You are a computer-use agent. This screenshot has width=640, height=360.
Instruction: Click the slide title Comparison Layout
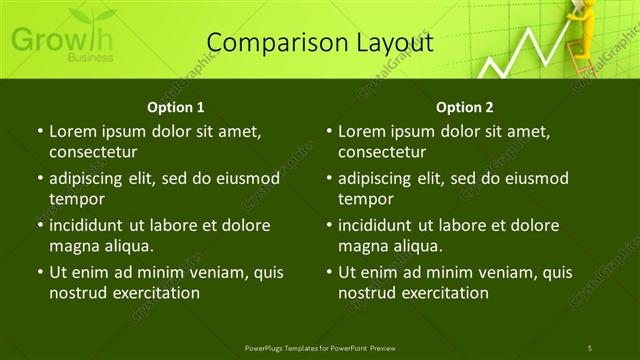pyautogui.click(x=320, y=43)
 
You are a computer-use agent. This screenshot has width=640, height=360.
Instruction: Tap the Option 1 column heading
pyautogui.click(x=176, y=107)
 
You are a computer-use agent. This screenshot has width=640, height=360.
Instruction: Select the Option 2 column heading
pyautogui.click(x=465, y=107)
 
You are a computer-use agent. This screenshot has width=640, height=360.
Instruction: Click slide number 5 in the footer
pyautogui.click(x=590, y=347)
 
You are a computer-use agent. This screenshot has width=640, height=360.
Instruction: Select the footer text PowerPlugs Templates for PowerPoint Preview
pyautogui.click(x=320, y=347)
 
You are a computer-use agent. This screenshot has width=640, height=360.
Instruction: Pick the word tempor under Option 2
pyautogui.click(x=366, y=198)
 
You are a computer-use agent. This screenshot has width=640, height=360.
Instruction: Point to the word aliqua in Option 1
pyautogui.click(x=125, y=245)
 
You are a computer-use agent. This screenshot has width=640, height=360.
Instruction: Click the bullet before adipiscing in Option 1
pyautogui.click(x=39, y=179)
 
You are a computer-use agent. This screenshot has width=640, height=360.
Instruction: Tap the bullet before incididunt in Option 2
pyautogui.click(x=328, y=225)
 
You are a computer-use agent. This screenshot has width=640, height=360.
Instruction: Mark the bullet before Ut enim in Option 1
pyautogui.click(x=39, y=272)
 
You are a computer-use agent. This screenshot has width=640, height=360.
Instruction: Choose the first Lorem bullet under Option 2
pyautogui.click(x=328, y=131)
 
